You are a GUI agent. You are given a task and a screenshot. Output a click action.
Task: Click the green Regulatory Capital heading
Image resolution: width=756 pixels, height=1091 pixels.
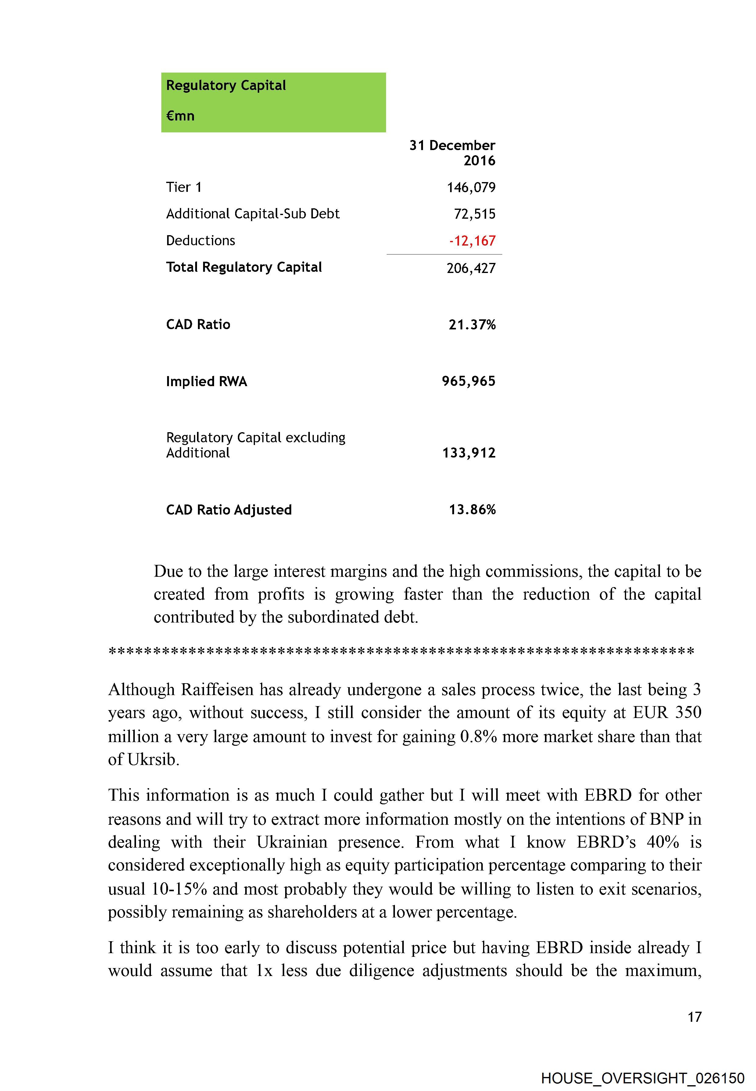click(x=226, y=86)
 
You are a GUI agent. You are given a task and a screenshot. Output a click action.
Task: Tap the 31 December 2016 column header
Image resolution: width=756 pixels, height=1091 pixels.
click(x=452, y=153)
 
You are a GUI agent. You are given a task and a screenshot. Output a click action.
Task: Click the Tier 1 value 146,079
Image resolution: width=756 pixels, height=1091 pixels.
click(x=471, y=188)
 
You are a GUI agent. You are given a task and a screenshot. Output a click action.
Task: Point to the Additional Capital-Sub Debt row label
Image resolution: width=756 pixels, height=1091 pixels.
click(x=253, y=214)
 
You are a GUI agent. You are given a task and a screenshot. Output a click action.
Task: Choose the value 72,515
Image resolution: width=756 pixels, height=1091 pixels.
click(x=475, y=214)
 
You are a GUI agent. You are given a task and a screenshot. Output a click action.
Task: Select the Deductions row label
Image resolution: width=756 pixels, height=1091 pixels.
click(x=200, y=241)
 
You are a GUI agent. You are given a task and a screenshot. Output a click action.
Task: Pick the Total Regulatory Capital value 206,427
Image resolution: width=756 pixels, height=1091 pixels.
click(x=471, y=269)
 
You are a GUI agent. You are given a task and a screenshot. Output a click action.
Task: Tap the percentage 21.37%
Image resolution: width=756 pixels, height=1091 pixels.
click(x=472, y=325)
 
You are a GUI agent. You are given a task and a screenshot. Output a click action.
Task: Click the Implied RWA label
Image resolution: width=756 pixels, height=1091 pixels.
click(x=206, y=382)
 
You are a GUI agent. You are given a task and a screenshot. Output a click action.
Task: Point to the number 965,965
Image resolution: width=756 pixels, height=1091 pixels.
click(x=468, y=381)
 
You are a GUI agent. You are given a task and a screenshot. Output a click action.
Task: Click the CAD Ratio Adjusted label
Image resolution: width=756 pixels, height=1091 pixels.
click(x=229, y=510)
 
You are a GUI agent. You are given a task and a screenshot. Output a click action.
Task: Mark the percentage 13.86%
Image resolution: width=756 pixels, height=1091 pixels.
click(x=472, y=510)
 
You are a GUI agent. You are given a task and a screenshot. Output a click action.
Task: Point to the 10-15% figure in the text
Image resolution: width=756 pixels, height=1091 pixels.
click(x=179, y=889)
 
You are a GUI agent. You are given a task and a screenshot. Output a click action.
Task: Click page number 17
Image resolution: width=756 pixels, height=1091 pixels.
click(x=694, y=1017)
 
